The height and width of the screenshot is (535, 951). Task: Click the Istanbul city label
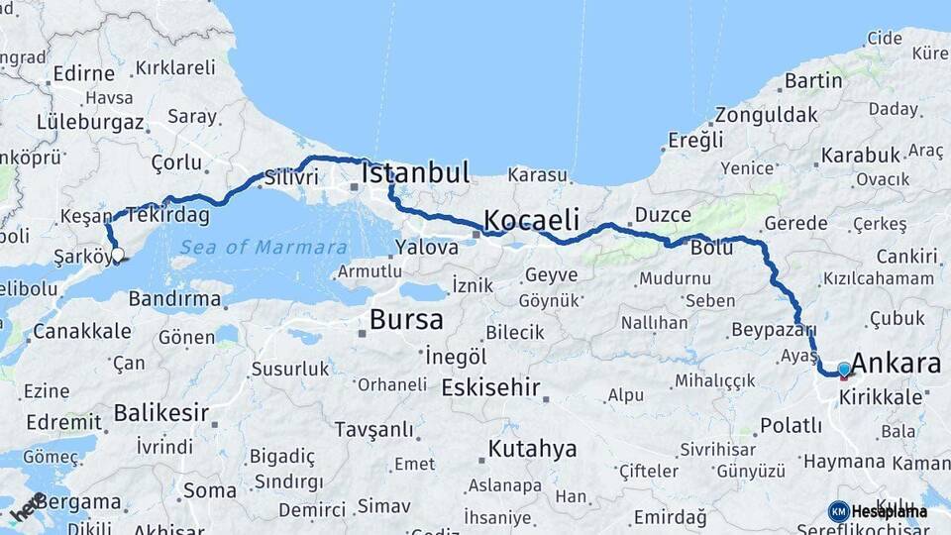point(415,173)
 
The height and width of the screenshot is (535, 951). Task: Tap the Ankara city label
point(896,363)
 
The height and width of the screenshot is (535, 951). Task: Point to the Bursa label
point(406,319)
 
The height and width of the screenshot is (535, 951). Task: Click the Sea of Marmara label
point(264,248)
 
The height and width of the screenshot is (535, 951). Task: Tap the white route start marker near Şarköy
point(118,255)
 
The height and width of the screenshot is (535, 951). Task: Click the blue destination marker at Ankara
point(844,370)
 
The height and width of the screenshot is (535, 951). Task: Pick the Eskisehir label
point(490,386)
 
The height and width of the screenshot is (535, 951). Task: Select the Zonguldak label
point(766,113)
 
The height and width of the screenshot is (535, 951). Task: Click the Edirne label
point(84,72)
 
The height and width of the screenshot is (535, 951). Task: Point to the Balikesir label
point(160,411)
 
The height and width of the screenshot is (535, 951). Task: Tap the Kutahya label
point(532,449)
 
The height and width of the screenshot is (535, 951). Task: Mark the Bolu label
point(711,248)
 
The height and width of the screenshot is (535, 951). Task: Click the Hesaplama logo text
point(889,511)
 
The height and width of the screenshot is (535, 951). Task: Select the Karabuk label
point(859,155)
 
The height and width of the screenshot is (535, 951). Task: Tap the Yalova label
point(426,247)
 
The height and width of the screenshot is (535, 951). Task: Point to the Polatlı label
point(791,425)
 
